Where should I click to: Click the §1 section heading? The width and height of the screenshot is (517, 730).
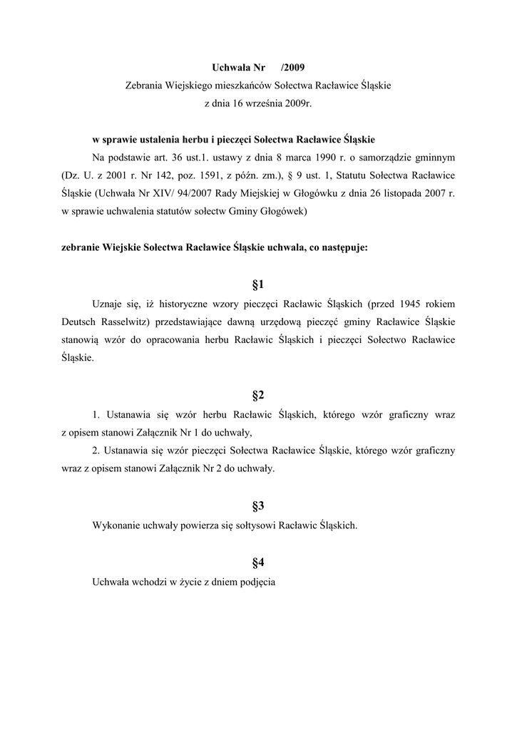tap(258, 285)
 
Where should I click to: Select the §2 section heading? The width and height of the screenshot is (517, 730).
tap(258, 395)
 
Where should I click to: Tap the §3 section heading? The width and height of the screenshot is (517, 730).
tap(258, 506)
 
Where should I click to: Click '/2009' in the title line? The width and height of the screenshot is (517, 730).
tap(293, 68)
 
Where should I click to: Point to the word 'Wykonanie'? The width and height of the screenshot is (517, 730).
tap(116, 525)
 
